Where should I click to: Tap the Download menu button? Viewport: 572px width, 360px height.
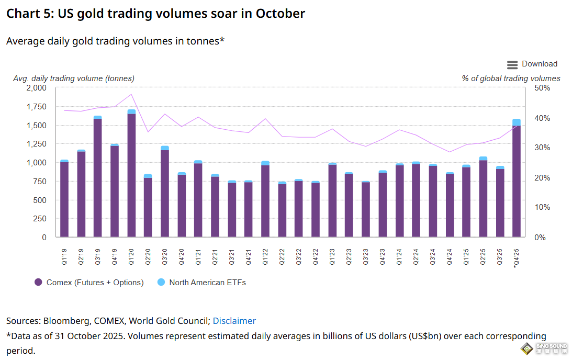(x=532, y=64)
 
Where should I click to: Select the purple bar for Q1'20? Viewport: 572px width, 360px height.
(x=131, y=175)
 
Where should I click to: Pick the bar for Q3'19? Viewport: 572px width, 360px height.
(x=98, y=178)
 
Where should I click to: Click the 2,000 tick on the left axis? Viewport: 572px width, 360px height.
(x=36, y=88)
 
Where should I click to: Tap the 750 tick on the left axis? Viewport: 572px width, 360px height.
(x=40, y=182)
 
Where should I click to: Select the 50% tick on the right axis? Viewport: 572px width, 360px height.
(x=543, y=88)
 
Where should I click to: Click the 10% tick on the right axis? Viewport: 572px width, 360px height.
(x=543, y=208)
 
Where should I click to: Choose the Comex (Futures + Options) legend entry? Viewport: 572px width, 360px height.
(x=89, y=283)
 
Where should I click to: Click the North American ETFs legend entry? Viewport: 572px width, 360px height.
(x=201, y=283)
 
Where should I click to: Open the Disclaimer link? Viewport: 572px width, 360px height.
(x=234, y=321)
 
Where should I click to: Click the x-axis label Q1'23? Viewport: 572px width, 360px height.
(x=333, y=257)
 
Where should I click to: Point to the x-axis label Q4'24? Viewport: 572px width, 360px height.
(x=450, y=257)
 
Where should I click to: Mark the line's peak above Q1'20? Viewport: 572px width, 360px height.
(x=131, y=94)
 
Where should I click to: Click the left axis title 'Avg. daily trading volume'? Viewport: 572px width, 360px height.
(x=73, y=78)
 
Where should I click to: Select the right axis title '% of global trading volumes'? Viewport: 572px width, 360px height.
(x=511, y=78)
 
